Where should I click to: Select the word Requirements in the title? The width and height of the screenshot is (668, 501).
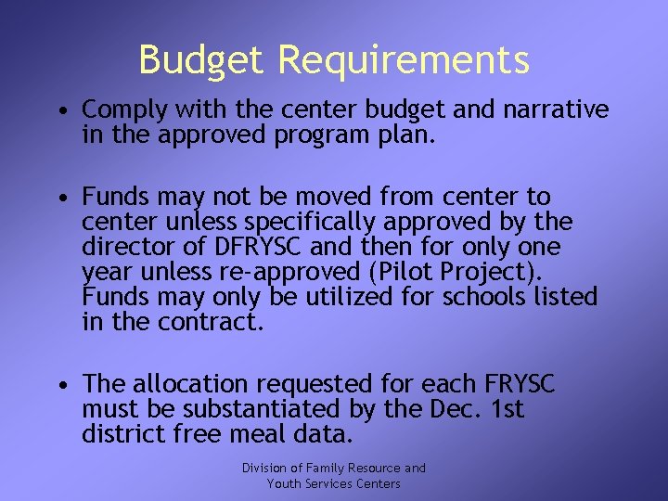point(404,61)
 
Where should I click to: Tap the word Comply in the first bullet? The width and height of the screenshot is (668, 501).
point(118,111)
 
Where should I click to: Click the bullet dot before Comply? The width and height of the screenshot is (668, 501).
point(58,112)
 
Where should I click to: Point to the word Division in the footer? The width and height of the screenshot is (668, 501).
point(265,469)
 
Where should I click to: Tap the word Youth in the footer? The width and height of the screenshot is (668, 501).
point(284,483)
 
